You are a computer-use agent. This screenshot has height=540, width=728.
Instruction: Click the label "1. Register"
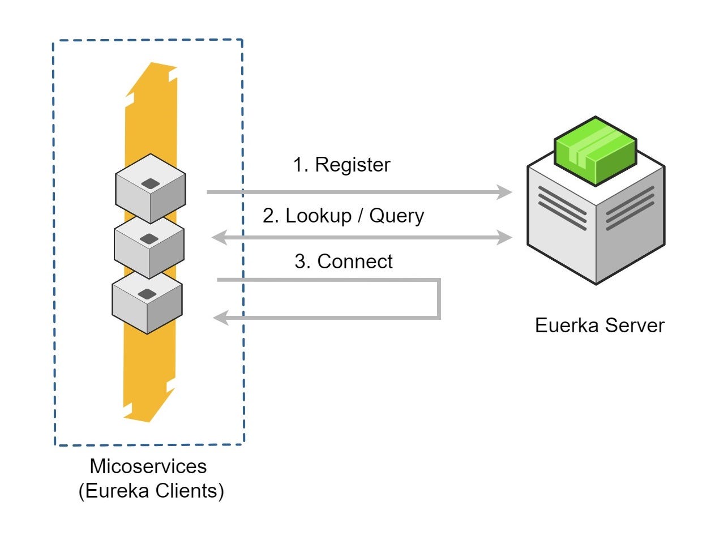pos(341,165)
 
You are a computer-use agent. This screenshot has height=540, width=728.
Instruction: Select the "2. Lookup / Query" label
pos(343,216)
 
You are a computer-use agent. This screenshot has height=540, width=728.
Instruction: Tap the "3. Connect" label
pos(343,262)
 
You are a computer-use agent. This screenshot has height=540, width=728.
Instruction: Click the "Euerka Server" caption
pos(599,325)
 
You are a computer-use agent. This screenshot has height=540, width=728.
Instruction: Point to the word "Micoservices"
pos(148,466)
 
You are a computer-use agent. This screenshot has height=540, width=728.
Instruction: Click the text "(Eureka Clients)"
pos(151,490)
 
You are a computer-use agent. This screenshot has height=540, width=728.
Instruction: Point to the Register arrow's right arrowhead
pos(505,192)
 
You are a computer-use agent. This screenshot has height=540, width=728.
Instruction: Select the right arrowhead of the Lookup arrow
pos(505,238)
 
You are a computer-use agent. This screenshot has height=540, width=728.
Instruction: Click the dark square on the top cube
pos(151,183)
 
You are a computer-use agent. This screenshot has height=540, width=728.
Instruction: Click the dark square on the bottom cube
pos(147,294)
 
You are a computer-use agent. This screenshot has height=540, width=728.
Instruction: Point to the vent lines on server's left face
pos(562,208)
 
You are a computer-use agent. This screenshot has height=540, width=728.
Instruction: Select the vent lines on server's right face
pos(629,208)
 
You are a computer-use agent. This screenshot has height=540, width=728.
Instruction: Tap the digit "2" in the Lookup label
pos(268,216)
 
